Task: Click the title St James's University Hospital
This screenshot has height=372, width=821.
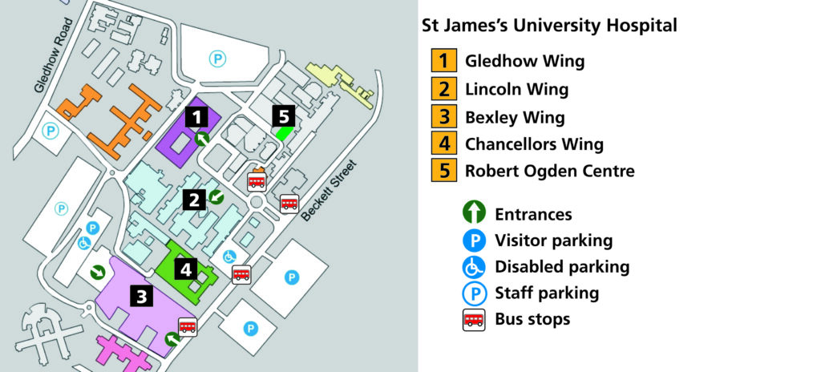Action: click(x=549, y=25)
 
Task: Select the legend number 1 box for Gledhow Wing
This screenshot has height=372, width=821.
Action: click(x=443, y=61)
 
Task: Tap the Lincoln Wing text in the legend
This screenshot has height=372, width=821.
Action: click(x=516, y=89)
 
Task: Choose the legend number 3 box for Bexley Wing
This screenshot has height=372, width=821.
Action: click(x=443, y=117)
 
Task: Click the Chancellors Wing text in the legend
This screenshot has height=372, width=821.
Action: click(x=534, y=144)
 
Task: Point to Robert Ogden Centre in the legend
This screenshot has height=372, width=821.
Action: click(x=549, y=171)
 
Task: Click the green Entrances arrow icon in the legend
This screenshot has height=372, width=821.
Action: click(x=475, y=213)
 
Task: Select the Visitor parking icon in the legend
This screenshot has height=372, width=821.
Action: click(x=475, y=241)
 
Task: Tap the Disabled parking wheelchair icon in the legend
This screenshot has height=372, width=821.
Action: click(x=475, y=267)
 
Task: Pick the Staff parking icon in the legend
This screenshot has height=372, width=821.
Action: click(x=475, y=293)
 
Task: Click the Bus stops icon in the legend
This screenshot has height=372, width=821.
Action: click(x=475, y=319)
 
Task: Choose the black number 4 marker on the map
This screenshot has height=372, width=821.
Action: click(x=186, y=269)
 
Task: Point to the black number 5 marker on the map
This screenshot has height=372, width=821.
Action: click(x=283, y=116)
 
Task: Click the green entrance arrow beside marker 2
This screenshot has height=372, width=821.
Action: click(x=216, y=196)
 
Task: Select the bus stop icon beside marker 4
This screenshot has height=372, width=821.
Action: click(x=241, y=274)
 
